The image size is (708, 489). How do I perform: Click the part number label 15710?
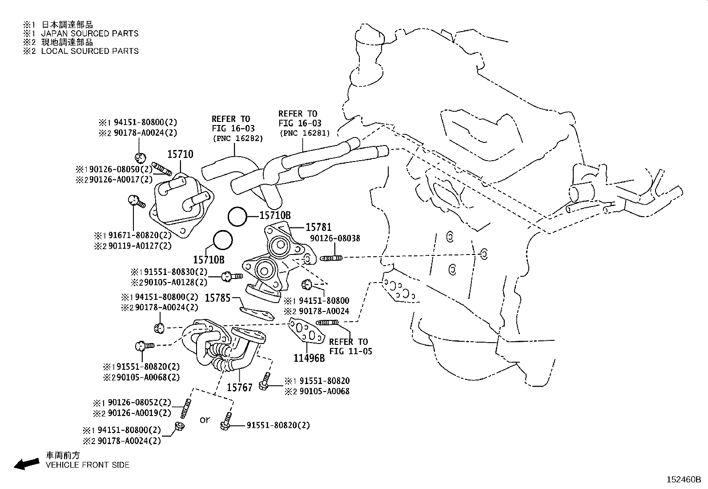180,155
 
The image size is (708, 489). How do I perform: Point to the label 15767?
240,388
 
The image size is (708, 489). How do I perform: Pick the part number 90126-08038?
335,238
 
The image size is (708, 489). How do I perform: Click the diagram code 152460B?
683,480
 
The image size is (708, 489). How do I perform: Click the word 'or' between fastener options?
204,420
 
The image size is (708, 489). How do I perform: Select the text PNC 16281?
304,133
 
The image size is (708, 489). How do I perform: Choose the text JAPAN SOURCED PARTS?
89,33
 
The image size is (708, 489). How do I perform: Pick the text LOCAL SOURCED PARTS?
89,51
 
